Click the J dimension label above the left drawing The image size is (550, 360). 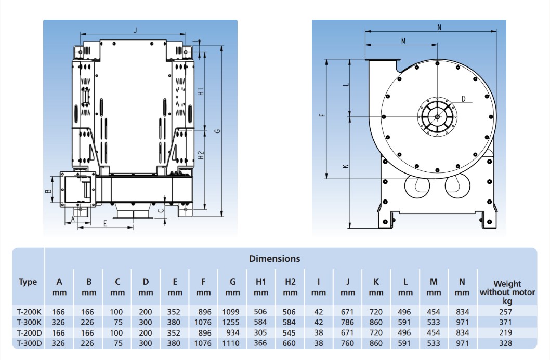click(135, 30)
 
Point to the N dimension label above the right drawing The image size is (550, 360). click(439, 28)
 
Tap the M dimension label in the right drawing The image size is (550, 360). click(403, 41)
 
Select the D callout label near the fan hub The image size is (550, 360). click(463, 99)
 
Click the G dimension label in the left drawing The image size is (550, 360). click(217, 131)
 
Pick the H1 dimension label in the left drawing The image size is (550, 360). click(201, 92)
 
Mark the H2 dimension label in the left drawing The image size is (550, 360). click(201, 155)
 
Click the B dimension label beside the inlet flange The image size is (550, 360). click(48, 191)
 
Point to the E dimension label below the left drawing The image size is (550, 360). click(105, 224)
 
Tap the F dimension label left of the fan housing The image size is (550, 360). click(322, 115)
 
